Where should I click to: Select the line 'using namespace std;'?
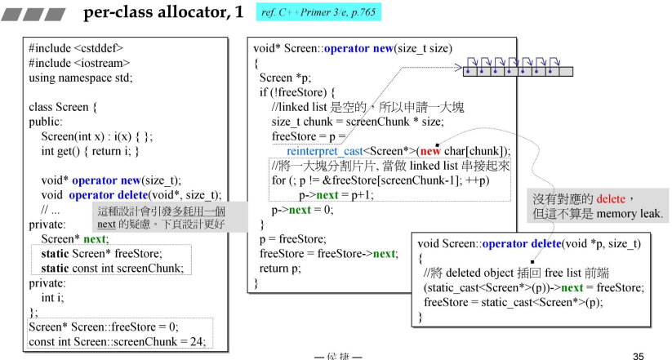pos(80,78)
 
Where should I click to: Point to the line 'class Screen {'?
pos(63,107)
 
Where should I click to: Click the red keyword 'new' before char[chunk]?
pos(430,151)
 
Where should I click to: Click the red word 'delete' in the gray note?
pos(611,199)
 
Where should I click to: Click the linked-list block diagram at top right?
pos(518,65)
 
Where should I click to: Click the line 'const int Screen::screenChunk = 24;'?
pos(117,340)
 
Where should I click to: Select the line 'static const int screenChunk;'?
pos(111,268)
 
